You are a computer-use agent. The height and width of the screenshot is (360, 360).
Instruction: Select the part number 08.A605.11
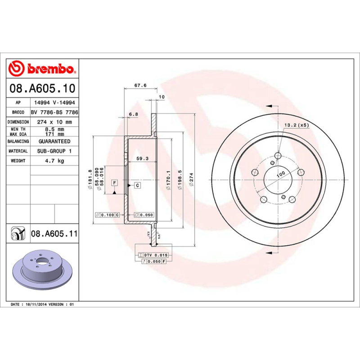(54, 234)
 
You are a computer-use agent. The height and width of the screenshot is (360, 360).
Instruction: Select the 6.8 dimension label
(133, 115)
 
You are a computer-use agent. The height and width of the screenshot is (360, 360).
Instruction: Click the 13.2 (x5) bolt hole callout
(296, 125)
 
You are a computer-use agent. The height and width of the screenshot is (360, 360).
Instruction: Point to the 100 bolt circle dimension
(281, 173)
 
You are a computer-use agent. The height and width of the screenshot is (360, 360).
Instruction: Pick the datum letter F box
(114, 182)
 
